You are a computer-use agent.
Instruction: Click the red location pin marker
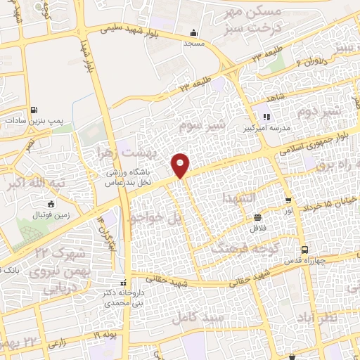pyautogui.click(x=181, y=165)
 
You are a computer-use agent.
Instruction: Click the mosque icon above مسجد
pyautogui.click(x=194, y=32)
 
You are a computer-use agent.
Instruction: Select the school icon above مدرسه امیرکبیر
pyautogui.click(x=266, y=117)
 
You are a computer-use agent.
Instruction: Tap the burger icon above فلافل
pyautogui.click(x=257, y=217)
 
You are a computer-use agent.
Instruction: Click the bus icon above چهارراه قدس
pyautogui.click(x=304, y=250)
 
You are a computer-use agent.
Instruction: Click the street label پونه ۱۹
pyautogui.click(x=105, y=335)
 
